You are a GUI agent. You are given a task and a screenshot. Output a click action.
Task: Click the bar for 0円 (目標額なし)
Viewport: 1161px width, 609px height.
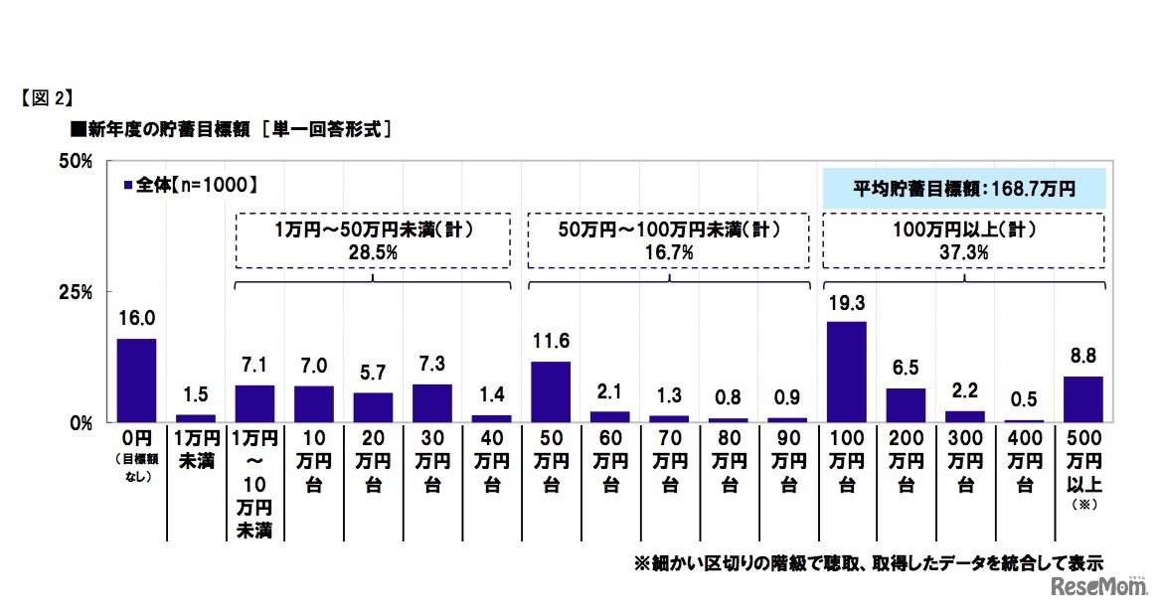tap(136, 381)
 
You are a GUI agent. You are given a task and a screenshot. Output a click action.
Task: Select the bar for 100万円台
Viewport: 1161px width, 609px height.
tap(846, 372)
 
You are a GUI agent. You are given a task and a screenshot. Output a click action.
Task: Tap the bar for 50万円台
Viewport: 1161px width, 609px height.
tap(551, 391)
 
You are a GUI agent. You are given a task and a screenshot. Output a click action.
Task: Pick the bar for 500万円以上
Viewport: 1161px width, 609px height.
tap(1082, 399)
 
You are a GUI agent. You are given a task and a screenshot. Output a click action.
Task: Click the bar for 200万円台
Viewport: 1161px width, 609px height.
tap(906, 405)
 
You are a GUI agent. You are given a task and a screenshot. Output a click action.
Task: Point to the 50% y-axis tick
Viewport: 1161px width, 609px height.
tap(77, 161)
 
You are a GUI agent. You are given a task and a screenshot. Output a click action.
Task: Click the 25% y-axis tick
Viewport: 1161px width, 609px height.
tap(77, 292)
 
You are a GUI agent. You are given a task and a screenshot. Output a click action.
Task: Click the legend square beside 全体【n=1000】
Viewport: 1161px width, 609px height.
tap(128, 185)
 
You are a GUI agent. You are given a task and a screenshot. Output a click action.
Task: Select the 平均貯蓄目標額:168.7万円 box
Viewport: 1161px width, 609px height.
tap(964, 187)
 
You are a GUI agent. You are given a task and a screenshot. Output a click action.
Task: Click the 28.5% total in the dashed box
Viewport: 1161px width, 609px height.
tap(373, 253)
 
